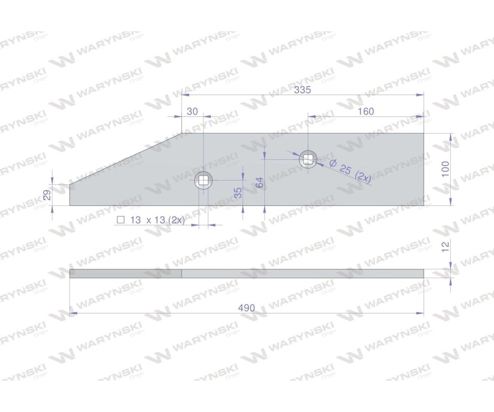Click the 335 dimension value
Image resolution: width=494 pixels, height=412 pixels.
click(x=303, y=90)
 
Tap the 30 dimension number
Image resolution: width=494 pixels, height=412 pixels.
click(x=192, y=112)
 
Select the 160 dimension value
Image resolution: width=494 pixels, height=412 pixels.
click(x=366, y=112)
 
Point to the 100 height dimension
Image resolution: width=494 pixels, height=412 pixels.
click(x=445, y=169)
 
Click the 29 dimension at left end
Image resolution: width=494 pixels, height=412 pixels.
click(x=47, y=195)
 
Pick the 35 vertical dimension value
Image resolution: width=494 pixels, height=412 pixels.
click(x=238, y=192)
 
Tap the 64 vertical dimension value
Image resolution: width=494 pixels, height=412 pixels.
click(x=259, y=183)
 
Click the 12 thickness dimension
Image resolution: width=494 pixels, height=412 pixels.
click(x=445, y=247)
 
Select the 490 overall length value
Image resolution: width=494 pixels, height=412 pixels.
click(x=247, y=308)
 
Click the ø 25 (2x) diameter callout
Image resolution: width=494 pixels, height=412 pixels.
click(x=350, y=171)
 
